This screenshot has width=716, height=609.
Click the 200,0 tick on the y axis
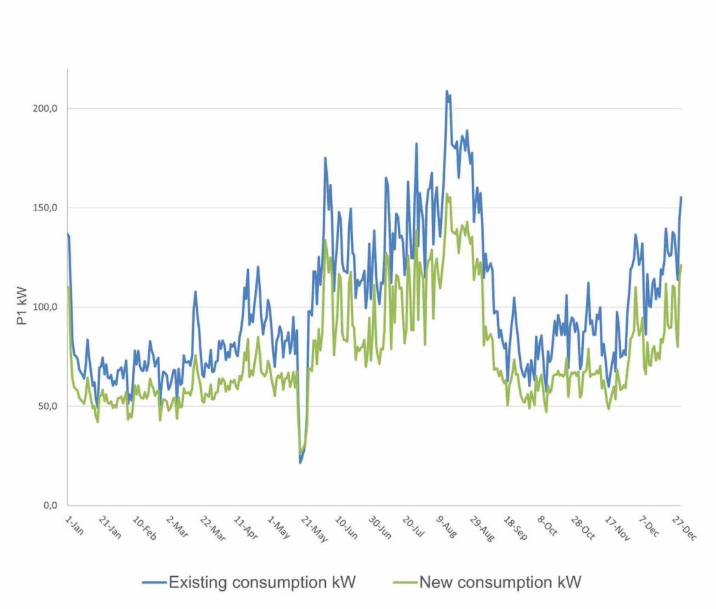point(46,108)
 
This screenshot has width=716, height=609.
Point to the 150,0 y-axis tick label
point(46,208)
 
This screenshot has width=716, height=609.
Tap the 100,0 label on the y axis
point(46,307)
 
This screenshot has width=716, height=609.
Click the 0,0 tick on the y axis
point(50,506)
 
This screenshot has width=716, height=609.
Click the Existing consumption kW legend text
point(262,582)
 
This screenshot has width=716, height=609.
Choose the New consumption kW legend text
point(500,582)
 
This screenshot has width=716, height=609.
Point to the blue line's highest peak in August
point(447,92)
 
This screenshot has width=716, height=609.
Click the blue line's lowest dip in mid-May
point(301,462)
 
